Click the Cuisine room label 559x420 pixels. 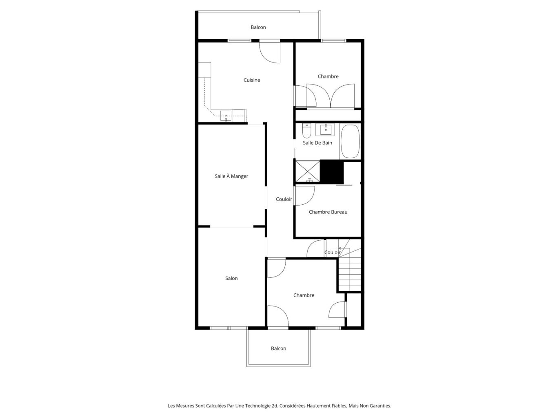tap(252, 80)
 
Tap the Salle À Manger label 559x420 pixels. tap(231, 176)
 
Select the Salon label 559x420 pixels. tap(231, 279)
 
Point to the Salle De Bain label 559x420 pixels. tap(317, 143)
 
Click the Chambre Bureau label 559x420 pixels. tap(328, 212)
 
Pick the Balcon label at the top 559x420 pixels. tap(258, 27)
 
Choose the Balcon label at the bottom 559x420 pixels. tap(279, 349)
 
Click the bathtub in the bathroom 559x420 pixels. tap(350, 141)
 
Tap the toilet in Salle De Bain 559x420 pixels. tap(306, 131)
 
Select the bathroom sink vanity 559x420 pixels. tap(326, 130)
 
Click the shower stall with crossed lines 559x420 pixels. tap(307, 172)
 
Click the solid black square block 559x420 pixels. tap(332, 172)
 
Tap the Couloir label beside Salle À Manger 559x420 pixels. tap(284, 199)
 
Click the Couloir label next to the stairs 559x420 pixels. tap(333, 252)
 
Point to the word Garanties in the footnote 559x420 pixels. tap(380, 406)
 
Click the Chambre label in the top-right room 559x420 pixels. tap(328, 76)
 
